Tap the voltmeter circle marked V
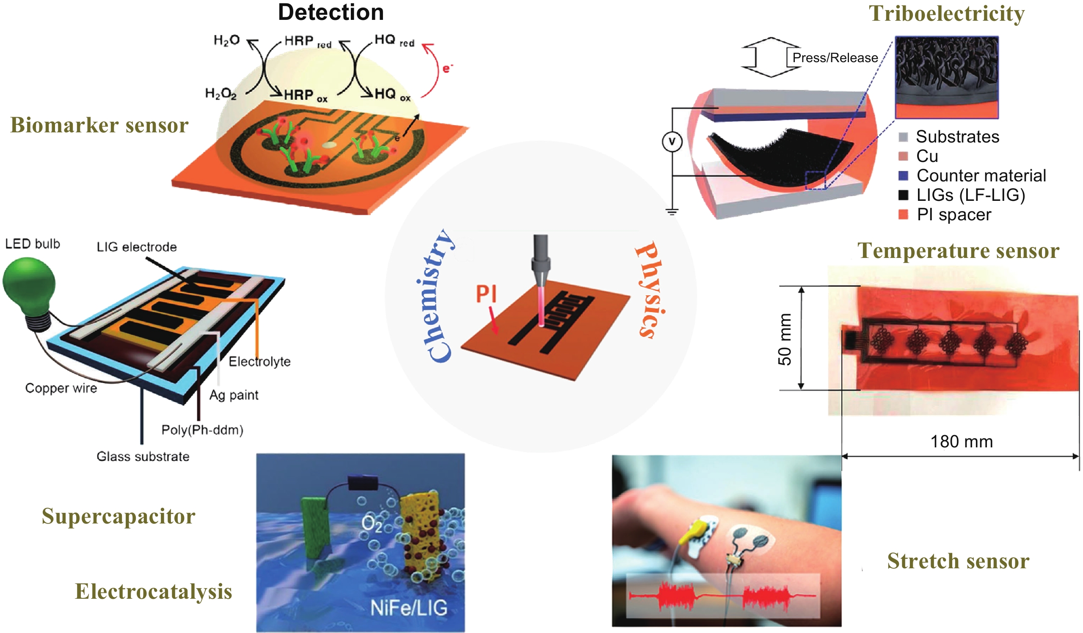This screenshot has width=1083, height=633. [x=672, y=141]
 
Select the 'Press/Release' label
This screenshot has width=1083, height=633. [x=835, y=58]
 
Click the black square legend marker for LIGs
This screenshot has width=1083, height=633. [x=904, y=195]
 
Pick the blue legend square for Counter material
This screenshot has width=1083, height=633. [x=904, y=175]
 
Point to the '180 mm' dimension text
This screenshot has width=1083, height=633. [x=962, y=441]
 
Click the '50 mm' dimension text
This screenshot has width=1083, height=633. [x=785, y=339]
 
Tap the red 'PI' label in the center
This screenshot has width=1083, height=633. [x=486, y=294]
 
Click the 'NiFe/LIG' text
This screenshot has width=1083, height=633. [x=409, y=608]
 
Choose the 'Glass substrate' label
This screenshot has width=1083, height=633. [x=143, y=457]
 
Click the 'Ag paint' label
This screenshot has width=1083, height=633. [x=234, y=395]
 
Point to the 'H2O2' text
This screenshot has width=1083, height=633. [x=220, y=93]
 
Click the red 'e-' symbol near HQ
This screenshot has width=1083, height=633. [x=448, y=68]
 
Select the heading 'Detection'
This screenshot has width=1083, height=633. [x=331, y=12]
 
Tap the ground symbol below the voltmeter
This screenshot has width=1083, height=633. [x=672, y=211]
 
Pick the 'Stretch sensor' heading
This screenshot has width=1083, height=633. [x=959, y=561]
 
